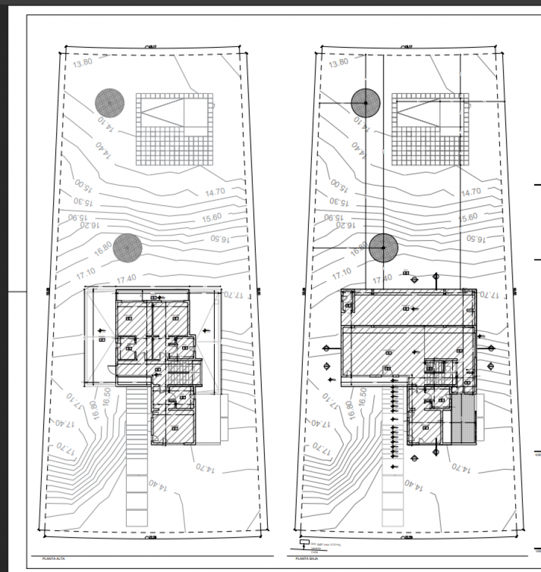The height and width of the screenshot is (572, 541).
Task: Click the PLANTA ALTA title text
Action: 53,559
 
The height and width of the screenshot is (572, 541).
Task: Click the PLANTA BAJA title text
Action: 306,559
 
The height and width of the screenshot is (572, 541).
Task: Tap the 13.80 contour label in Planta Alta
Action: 83,62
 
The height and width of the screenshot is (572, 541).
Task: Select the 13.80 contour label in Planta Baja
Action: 338,62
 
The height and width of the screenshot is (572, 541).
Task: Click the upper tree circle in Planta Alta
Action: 109,103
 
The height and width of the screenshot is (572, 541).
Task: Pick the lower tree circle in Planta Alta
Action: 127,247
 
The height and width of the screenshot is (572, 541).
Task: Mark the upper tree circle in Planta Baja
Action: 365,103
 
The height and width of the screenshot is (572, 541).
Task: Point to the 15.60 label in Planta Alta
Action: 212,217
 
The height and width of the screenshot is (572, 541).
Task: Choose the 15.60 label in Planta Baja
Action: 468,217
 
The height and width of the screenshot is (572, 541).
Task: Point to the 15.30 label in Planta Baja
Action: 339,202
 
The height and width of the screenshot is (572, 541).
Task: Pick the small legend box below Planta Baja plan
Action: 303,542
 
